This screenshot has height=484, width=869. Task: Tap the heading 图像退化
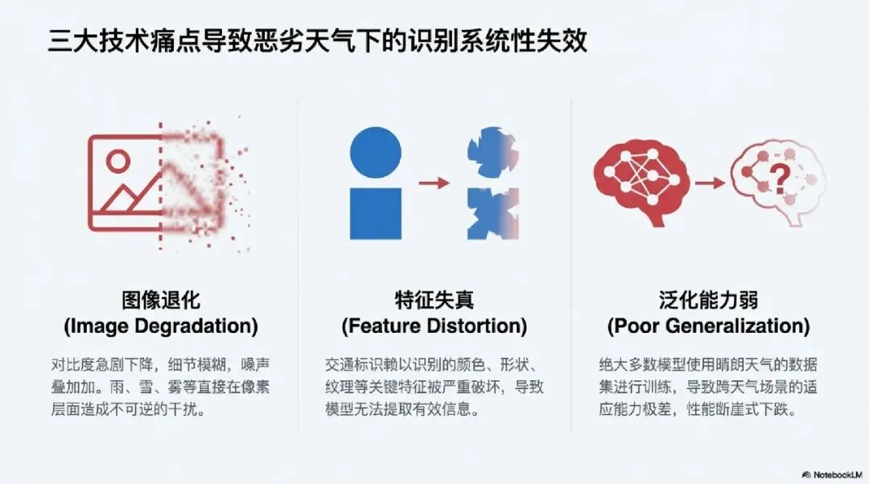[161, 301]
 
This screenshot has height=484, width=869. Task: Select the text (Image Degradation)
[161, 326]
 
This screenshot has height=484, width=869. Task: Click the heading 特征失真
[434, 301]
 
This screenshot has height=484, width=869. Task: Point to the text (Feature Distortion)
[434, 326]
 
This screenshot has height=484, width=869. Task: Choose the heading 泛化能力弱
[708, 301]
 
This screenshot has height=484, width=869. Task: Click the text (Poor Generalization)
[708, 326]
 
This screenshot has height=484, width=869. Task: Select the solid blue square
[376, 213]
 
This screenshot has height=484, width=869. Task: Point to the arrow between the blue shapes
[434, 183]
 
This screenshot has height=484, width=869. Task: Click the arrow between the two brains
[710, 183]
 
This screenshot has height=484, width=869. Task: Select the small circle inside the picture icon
[117, 161]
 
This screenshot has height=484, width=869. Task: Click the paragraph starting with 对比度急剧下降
[161, 387]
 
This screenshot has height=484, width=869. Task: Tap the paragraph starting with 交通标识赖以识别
[434, 387]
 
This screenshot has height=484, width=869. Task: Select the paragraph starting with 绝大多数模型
[708, 387]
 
